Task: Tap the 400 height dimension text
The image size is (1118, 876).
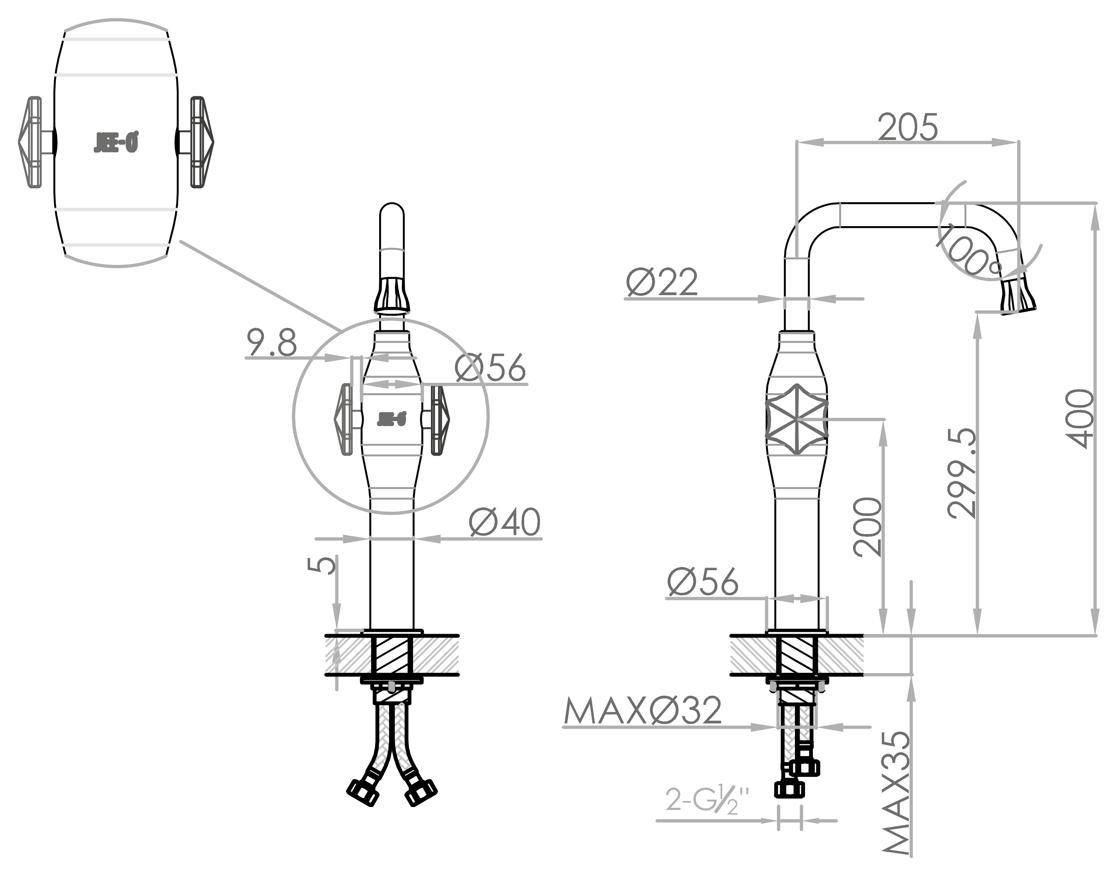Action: [x=1080, y=419]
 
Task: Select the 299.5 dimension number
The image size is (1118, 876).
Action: [x=962, y=472]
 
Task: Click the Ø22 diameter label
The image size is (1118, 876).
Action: [x=662, y=281]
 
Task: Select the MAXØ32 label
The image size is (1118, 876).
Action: [x=643, y=711]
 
